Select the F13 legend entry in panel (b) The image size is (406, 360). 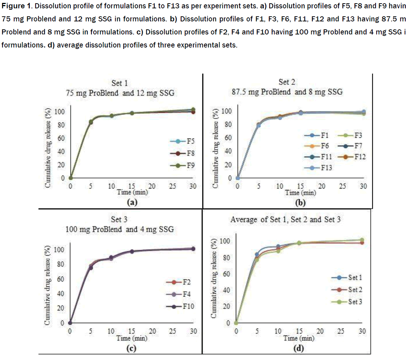tap(322, 167)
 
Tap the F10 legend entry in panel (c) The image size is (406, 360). tap(183, 306)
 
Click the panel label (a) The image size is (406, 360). tap(131, 202)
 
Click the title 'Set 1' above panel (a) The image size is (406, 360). tap(119, 83)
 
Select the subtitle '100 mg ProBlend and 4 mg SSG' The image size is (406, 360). tap(119, 229)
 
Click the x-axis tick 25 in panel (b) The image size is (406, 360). tap(342, 186)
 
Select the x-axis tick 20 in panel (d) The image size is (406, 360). tap(320, 331)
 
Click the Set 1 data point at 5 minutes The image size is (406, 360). tap(257, 255)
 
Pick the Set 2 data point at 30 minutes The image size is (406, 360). tap(362, 243)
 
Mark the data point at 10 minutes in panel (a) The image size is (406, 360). tap(112, 116)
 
